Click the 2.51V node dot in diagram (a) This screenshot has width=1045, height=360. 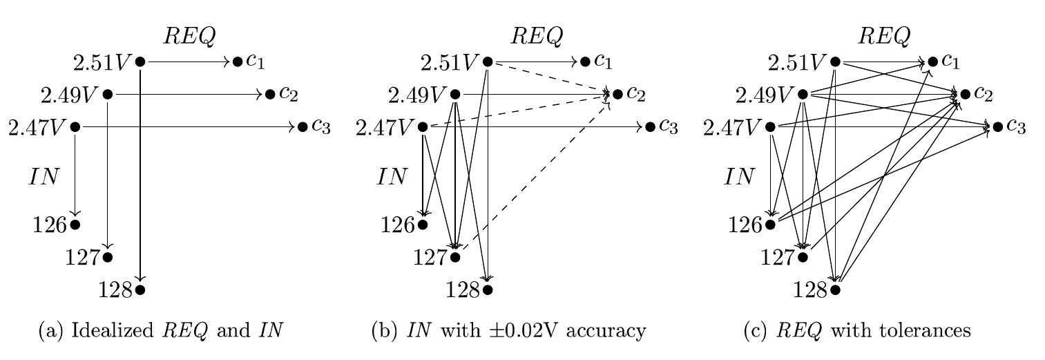coord(140,61)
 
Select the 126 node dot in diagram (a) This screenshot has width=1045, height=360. coord(75,225)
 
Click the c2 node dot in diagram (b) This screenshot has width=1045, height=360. coord(617,94)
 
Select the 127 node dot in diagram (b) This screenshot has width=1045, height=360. coord(455,257)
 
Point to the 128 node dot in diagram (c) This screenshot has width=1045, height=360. coord(836,290)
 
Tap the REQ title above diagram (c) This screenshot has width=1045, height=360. coord(884,36)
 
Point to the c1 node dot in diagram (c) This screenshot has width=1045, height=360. coord(933,61)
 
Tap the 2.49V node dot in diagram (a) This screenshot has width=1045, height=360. coord(108,94)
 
